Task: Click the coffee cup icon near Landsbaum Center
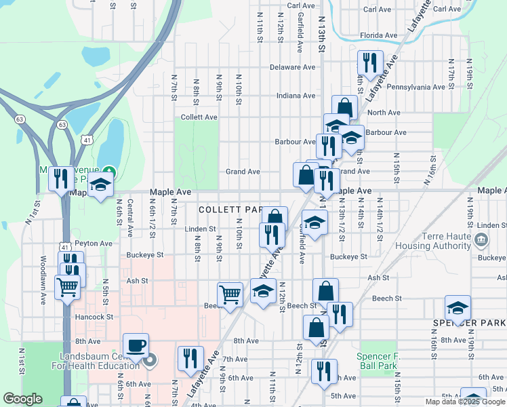[136, 344]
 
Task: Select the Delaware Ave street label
[293, 67]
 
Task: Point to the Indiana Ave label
[296, 96]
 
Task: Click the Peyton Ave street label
[94, 243]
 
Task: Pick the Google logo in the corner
[22, 399]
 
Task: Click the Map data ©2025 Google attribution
[466, 402]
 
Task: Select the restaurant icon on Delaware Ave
[369, 63]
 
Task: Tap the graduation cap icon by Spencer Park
[458, 307]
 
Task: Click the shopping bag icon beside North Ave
[344, 107]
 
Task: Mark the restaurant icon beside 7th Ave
[190, 358]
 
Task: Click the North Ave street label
[384, 113]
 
